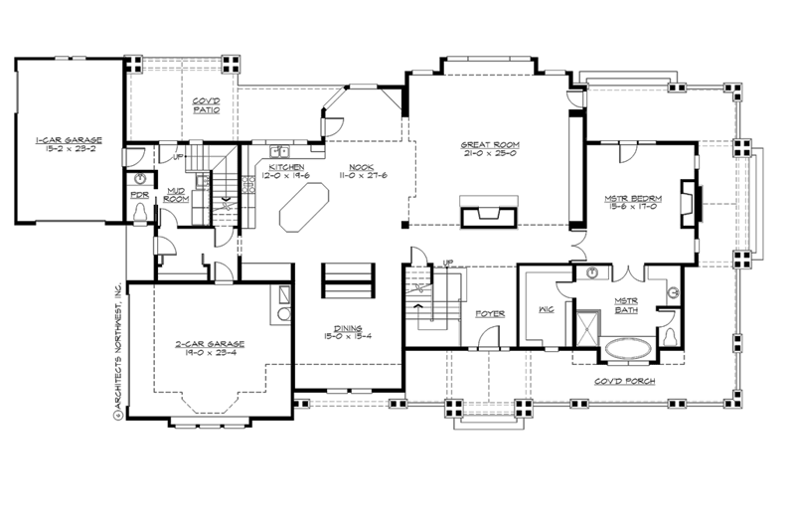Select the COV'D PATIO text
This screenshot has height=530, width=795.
206,105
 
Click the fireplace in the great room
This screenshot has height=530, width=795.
487,214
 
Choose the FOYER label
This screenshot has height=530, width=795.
490,313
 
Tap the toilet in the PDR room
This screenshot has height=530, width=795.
139,214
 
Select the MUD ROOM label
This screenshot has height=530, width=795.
176,196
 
